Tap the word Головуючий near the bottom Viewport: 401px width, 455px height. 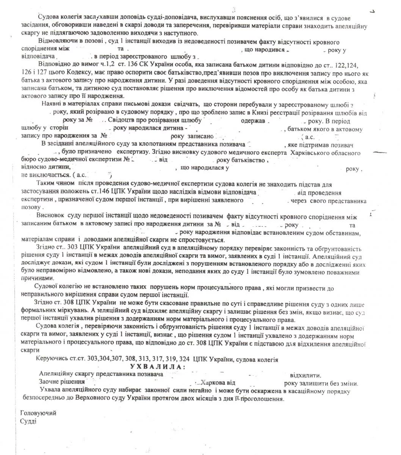tap(38, 413)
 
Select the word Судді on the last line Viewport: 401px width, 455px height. tap(28, 421)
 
